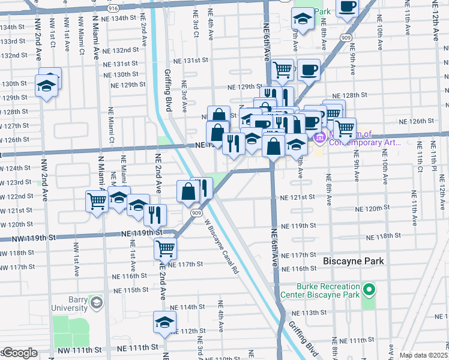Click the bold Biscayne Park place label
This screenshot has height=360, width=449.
click(x=354, y=261)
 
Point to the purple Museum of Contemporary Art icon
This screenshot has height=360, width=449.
click(x=319, y=139)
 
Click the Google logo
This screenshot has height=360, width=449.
click(x=20, y=353)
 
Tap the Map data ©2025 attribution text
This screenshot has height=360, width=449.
click(x=424, y=355)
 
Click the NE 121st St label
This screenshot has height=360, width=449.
click(x=298, y=197)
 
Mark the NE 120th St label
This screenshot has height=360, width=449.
click(x=373, y=208)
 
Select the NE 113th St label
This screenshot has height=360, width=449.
click(x=309, y=313)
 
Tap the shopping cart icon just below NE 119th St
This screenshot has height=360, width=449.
click(x=164, y=247)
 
